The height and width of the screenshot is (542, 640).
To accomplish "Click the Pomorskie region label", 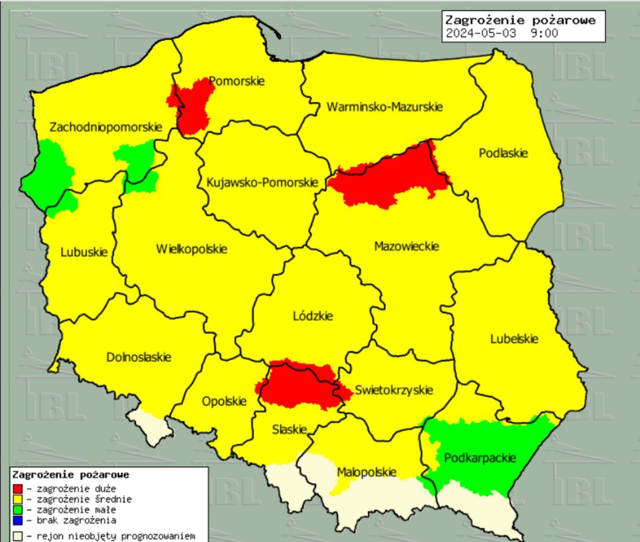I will [236, 81].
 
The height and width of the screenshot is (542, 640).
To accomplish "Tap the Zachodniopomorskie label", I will [105, 127].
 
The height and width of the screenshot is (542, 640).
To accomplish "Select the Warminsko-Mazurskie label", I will [384, 107].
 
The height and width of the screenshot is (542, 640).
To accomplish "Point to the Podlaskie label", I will [503, 153].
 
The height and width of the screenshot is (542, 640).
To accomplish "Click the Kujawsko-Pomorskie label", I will [262, 182].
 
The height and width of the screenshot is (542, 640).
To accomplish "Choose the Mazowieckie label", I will [406, 246].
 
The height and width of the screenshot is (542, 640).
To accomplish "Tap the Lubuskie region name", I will [84, 252].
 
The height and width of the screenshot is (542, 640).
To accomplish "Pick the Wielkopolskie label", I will [191, 249].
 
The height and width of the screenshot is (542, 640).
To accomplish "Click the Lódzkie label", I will [313, 316].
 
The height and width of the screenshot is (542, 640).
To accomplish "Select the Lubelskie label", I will [514, 339].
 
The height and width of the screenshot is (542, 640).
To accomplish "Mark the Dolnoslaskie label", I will [139, 357].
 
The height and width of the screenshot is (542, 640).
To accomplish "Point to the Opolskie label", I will [224, 401].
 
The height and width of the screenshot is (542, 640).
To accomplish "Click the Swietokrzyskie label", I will [393, 390].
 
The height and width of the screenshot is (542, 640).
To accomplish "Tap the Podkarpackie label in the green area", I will [479, 458].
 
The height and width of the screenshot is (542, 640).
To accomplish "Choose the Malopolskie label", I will [366, 472].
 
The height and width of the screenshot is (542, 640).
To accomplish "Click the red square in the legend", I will [18, 488].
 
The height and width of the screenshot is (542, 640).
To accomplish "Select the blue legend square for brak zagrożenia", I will [18, 520].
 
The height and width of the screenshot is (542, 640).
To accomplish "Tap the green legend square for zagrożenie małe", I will [18, 510].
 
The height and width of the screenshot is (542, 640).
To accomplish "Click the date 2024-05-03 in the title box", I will [481, 33].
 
